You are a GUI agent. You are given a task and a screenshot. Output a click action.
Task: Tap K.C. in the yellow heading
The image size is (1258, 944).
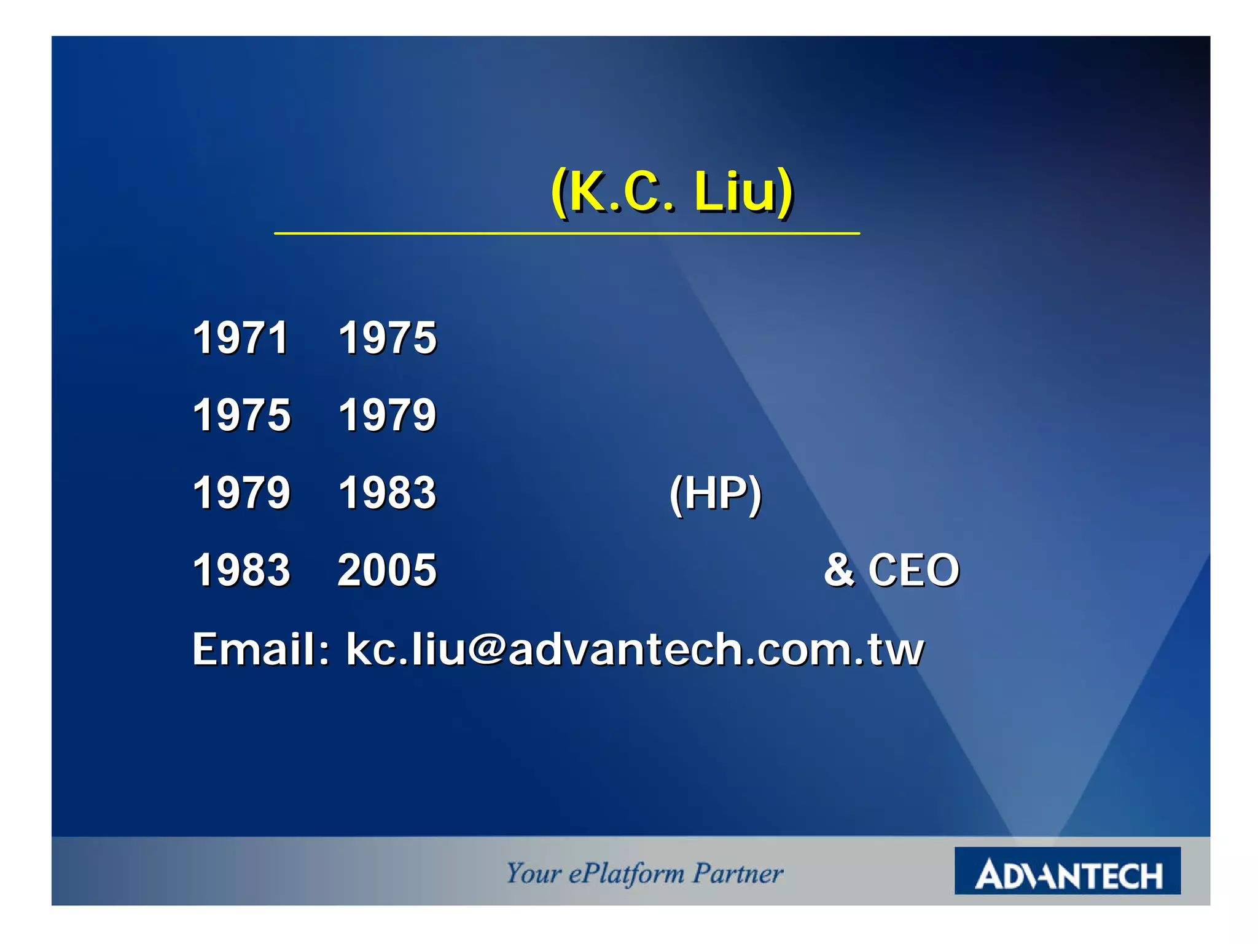coord(620,192)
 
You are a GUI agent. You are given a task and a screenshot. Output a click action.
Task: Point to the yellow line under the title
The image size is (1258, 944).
coord(566,234)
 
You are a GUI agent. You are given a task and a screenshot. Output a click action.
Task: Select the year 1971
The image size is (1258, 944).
coord(241,338)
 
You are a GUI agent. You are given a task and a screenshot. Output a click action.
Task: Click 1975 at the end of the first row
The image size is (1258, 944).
coord(387,338)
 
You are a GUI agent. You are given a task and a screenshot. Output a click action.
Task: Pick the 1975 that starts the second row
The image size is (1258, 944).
coord(241,415)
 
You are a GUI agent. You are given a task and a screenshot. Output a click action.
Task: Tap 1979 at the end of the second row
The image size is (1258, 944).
coord(387,415)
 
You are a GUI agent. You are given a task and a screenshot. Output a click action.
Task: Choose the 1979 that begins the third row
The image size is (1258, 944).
coord(241,493)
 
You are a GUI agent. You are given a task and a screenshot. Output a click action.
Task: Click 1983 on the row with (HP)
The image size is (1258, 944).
coord(387,493)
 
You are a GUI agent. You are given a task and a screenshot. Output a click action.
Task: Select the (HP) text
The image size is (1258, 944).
coord(716,494)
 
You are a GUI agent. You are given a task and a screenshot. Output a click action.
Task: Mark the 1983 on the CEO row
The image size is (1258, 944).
coord(241,570)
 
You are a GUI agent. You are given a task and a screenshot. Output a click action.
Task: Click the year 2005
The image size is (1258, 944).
coord(387,570)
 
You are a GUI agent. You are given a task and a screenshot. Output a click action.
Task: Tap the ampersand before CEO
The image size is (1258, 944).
coord(838,570)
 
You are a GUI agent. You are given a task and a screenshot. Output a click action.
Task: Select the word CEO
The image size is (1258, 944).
coord(913,570)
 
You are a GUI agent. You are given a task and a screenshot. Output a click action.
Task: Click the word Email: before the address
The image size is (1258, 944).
coord(261,649)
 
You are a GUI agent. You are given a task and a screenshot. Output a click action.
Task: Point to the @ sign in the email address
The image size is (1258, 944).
coord(486,649)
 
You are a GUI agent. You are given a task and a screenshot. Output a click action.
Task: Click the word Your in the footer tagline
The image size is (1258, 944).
coord(533,873)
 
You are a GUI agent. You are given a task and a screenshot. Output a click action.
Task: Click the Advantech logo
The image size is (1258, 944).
coord(1067,871)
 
